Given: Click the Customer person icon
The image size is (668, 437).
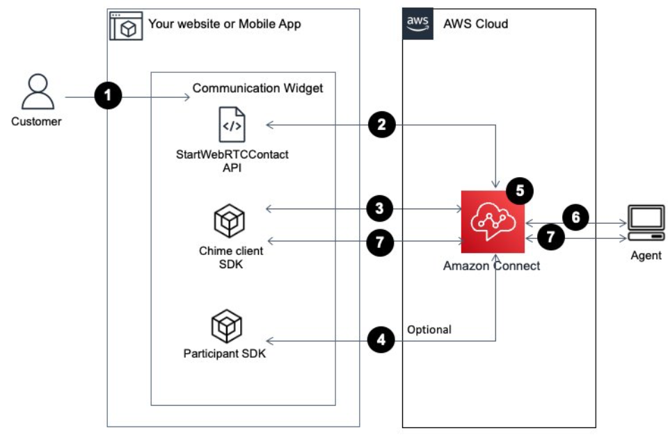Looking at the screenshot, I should coord(36,93).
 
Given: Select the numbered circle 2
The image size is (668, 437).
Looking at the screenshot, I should coord(381,125).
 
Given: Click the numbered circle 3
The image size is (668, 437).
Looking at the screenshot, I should coord(381,208).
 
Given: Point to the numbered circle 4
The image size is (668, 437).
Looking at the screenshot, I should coord(381,340).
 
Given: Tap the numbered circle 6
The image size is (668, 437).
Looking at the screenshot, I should coord(575,218).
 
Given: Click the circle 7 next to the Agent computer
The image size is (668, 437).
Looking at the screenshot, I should coord(550,237).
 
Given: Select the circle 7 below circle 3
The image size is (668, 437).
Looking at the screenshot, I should coord(381,242).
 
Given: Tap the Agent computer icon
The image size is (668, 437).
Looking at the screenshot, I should coord(645,222).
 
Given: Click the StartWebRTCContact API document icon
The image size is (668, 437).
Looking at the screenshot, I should coord(231,125).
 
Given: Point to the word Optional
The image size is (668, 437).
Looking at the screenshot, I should coord(429,329).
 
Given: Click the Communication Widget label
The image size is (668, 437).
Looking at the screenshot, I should coord(257,88).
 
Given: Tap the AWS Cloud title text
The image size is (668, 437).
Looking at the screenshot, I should coord(476,24).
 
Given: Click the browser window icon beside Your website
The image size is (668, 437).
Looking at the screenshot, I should coord(126,26).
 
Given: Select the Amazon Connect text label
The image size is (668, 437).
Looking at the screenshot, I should coord(491,265).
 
